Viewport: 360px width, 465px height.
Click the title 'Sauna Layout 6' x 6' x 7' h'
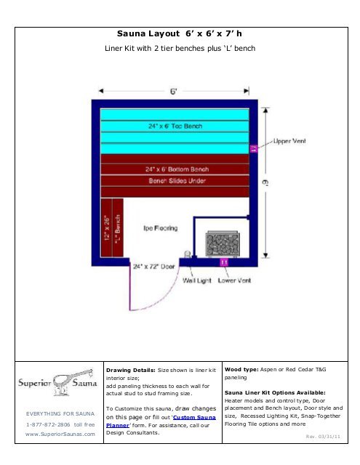[x=180, y=34]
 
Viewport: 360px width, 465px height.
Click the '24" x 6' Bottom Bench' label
[x=177, y=169]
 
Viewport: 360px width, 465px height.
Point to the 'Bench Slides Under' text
[x=177, y=180]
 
